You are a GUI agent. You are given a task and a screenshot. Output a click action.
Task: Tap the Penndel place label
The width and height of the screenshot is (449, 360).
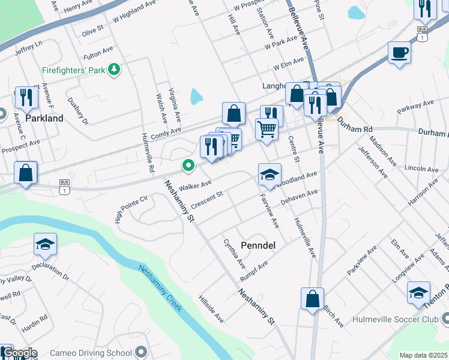[258, 245]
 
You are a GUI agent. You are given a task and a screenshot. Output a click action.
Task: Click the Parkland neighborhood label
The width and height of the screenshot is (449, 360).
[45, 118]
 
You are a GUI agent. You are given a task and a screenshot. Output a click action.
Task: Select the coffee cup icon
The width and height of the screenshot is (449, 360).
[399, 53]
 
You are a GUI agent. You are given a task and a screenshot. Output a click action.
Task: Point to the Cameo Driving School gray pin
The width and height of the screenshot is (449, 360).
[141, 352]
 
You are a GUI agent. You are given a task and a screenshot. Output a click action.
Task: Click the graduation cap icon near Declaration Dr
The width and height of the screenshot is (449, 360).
[45, 244]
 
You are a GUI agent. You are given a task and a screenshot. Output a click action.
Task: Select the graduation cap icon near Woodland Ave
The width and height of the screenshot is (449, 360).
[270, 175]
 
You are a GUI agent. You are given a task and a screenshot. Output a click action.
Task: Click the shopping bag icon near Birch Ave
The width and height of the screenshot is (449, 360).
[312, 299]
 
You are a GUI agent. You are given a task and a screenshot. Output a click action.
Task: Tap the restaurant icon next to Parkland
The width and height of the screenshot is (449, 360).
[26, 97]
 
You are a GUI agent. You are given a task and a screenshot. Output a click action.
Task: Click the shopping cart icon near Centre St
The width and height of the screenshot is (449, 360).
[267, 129]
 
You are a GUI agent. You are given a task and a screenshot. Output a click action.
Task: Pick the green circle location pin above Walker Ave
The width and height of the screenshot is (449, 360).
[188, 165]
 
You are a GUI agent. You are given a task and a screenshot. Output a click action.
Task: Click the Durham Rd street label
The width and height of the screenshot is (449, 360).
[355, 124]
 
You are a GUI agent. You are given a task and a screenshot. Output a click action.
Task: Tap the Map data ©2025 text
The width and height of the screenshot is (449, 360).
[423, 355]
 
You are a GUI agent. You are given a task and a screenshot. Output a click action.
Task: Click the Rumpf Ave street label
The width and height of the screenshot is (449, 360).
[253, 271]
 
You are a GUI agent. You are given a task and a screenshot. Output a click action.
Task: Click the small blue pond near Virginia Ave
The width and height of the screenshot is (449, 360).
[196, 95]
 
